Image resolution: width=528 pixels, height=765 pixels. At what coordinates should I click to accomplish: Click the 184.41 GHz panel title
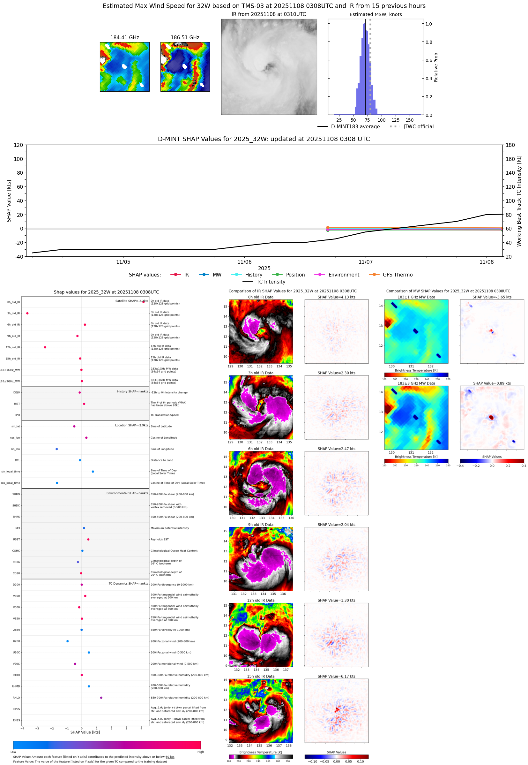(124, 38)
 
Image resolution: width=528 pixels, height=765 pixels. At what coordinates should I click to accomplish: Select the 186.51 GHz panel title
(185, 38)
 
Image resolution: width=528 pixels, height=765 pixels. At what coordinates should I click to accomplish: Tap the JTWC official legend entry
(418, 127)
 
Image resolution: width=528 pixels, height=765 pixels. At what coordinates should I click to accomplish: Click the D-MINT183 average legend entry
(355, 127)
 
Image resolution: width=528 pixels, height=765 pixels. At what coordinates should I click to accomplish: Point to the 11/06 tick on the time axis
(244, 262)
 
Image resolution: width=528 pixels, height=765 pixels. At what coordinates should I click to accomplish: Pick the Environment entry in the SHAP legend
(343, 275)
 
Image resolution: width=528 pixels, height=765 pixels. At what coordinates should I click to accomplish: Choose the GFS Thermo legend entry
(397, 275)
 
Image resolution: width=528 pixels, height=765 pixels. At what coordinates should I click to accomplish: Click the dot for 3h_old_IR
(27, 313)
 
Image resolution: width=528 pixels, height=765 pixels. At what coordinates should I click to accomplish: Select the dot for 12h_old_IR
(45, 347)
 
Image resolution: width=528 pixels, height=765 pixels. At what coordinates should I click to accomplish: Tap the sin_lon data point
(56, 449)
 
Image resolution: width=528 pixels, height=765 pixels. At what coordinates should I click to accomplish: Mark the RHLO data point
(101, 697)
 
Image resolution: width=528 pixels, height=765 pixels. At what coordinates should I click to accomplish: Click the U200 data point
(68, 641)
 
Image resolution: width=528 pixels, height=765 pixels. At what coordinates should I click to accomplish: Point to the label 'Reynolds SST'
(160, 540)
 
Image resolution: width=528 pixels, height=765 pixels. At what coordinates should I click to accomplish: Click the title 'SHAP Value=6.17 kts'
(336, 676)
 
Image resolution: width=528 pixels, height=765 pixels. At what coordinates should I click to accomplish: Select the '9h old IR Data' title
(261, 525)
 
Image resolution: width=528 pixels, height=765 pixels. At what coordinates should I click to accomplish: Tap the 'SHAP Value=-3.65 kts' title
(492, 297)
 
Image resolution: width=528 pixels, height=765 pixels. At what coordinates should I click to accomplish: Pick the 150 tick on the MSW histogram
(410, 120)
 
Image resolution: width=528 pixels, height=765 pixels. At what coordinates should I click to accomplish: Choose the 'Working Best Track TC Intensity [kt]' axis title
(519, 201)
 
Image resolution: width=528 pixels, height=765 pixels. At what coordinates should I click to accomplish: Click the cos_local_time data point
(57, 483)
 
